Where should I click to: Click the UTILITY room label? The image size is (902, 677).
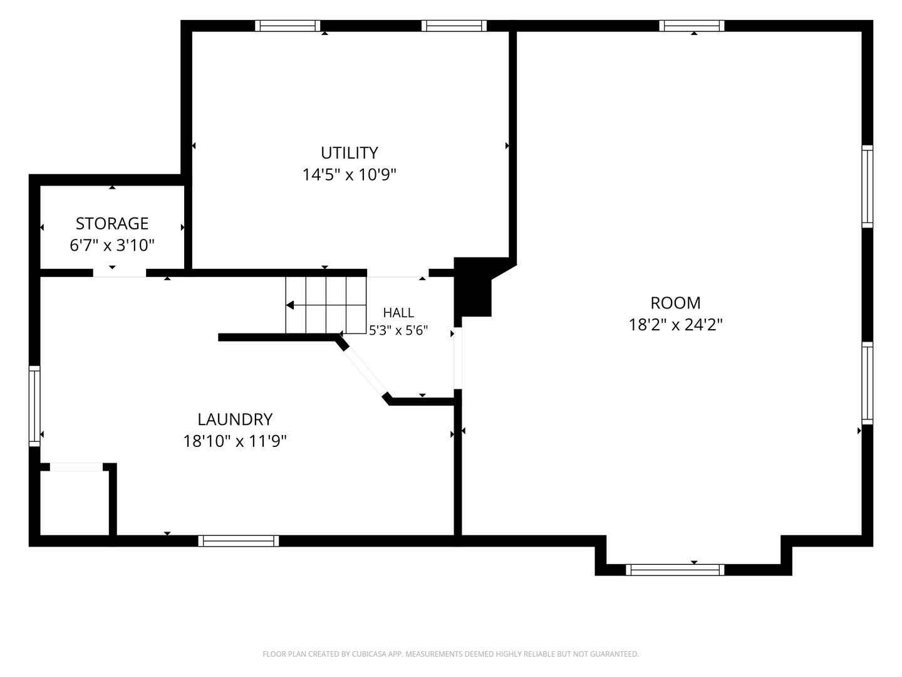[x=349, y=153]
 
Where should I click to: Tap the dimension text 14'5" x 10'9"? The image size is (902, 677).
[x=349, y=175]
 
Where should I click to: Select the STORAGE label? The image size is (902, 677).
[x=111, y=224]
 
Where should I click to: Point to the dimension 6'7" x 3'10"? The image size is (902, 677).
[x=111, y=245]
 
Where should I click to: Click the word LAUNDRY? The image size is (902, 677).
[x=235, y=420]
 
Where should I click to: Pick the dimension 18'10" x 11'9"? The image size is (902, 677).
[x=235, y=441]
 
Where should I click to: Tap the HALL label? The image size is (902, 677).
[x=398, y=313]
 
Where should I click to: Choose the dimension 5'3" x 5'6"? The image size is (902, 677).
[x=398, y=330]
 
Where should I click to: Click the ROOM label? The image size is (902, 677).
[x=675, y=303]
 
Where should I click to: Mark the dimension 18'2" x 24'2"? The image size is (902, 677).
[x=675, y=325]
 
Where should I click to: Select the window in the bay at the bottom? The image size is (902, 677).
[x=675, y=570]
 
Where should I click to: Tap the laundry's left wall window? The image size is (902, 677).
[x=34, y=406]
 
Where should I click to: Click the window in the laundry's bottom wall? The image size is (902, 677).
[x=239, y=541]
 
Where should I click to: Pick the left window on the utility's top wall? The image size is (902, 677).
[x=288, y=26]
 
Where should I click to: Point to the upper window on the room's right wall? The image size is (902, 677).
[x=867, y=186]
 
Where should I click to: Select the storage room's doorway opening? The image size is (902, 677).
[x=119, y=273]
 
